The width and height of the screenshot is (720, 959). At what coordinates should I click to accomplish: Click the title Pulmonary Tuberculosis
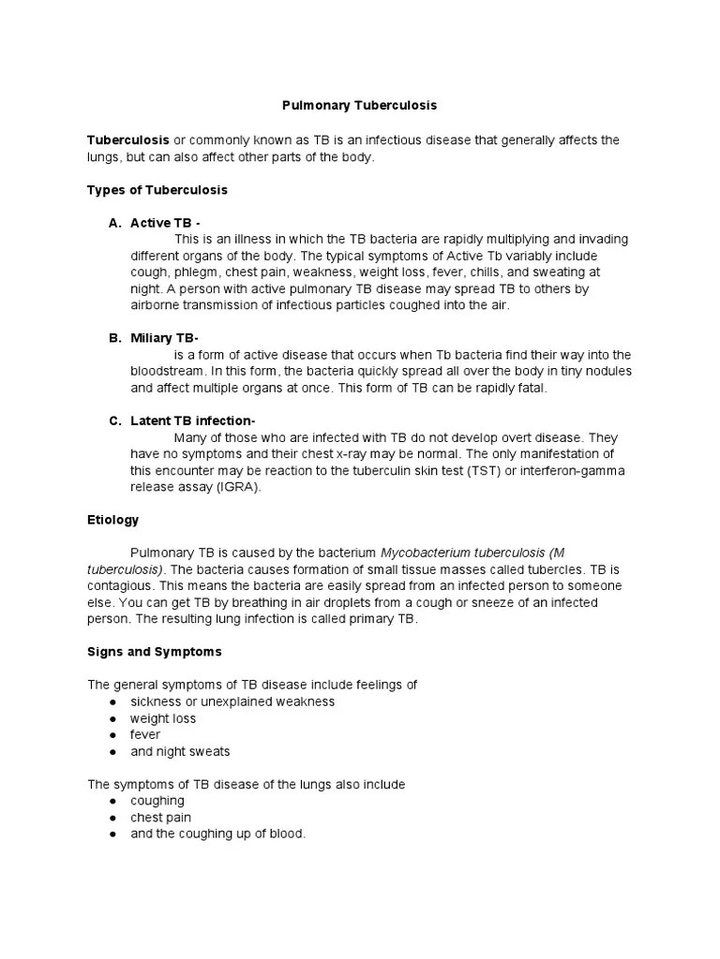coord(360,106)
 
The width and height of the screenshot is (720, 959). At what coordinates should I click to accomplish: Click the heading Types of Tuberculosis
coord(157,189)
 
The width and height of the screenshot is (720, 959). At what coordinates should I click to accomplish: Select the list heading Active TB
coord(165,223)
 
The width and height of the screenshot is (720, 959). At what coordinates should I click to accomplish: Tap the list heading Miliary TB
coord(164,337)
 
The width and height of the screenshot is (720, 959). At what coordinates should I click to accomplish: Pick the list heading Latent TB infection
coord(193,420)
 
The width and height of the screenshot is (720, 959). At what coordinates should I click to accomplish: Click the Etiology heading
coord(112,519)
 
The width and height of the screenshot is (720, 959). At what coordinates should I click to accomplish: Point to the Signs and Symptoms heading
coord(154,651)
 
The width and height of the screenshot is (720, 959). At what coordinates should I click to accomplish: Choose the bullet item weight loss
coord(163,718)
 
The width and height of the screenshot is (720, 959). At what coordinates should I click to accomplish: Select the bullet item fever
coord(145,735)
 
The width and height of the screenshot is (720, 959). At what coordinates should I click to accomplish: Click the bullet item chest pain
coord(161,818)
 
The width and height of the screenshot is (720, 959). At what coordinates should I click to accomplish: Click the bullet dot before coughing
coord(112,802)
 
